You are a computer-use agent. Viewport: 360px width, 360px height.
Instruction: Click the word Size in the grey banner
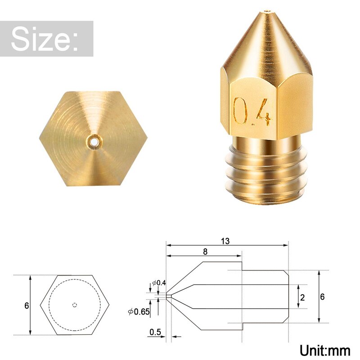pyautogui.click(x=45, y=39)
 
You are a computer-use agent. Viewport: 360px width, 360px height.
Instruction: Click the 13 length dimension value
pyautogui.click(x=225, y=241)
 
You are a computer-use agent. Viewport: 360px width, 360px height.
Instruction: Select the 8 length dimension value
pyautogui.click(x=205, y=252)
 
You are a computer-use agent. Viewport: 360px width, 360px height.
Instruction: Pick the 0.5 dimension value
pyautogui.click(x=155, y=332)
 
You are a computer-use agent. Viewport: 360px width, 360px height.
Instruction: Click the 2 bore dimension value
pyautogui.click(x=302, y=297)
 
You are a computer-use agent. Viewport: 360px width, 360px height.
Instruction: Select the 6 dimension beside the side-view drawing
pyautogui.click(x=322, y=297)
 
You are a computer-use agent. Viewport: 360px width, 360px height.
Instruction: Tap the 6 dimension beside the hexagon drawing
pyautogui.click(x=27, y=306)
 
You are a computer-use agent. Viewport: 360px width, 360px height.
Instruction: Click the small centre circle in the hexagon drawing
pyautogui.click(x=75, y=305)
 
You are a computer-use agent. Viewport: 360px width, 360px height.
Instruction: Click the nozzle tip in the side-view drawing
pyautogui.click(x=167, y=296)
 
